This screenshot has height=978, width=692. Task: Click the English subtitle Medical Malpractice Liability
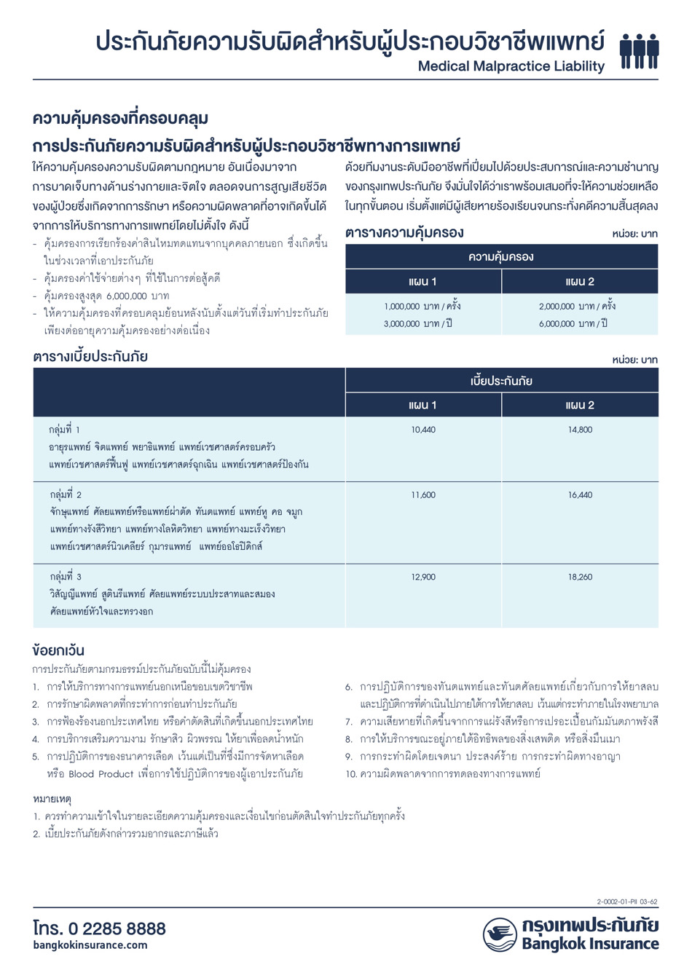pyautogui.click(x=511, y=66)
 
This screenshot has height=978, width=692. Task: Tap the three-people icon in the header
pyautogui.click(x=639, y=50)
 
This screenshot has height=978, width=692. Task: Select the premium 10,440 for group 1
pyautogui.click(x=423, y=430)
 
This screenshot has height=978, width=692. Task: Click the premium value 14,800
pyautogui.click(x=581, y=430)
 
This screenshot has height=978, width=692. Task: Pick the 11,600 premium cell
pyautogui.click(x=423, y=495)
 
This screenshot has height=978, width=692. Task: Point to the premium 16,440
pyautogui.click(x=581, y=495)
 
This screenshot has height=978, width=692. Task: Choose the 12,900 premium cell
pyautogui.click(x=423, y=577)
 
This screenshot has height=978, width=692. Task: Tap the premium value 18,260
pyautogui.click(x=581, y=577)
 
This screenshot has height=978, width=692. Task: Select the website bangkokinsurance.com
pyautogui.click(x=90, y=945)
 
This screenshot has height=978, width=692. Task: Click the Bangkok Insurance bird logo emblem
pyautogui.click(x=500, y=934)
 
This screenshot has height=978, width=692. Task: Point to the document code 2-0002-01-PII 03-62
pyautogui.click(x=627, y=902)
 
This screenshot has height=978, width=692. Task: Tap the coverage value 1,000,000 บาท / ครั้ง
pyautogui.click(x=422, y=307)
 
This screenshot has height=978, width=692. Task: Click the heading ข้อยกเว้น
pyautogui.click(x=58, y=650)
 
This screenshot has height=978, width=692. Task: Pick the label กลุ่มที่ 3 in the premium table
pyautogui.click(x=66, y=577)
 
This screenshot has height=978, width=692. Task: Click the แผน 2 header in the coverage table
pyautogui.click(x=580, y=282)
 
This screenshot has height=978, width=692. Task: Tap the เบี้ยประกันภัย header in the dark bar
pyautogui.click(x=501, y=381)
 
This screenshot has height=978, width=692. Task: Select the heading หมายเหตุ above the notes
pyautogui.click(x=52, y=799)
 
